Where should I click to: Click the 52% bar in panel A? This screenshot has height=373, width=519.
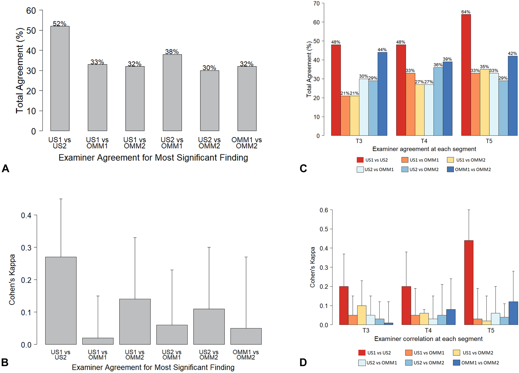(60, 78)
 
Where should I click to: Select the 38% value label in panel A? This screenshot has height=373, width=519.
(172, 52)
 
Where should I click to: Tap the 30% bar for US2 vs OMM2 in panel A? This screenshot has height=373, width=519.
(209, 100)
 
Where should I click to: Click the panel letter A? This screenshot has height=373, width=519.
(5, 169)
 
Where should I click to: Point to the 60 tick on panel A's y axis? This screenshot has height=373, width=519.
(31, 11)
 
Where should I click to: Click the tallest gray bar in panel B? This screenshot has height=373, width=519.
(61, 300)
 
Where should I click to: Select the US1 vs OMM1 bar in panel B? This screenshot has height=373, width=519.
(98, 341)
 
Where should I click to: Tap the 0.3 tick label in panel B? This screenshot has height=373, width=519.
(26, 248)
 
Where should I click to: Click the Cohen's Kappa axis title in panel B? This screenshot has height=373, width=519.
(12, 280)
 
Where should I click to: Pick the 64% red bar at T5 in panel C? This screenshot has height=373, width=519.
(466, 75)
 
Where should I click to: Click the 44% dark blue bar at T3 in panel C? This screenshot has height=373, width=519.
(382, 94)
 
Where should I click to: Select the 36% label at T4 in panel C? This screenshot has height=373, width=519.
(438, 65)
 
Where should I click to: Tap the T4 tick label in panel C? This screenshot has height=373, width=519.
(424, 141)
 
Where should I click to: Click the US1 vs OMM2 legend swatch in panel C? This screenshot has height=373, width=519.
(450, 160)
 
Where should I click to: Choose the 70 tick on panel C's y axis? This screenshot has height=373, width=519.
(316, 3)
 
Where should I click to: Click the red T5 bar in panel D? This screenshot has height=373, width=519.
(468, 282)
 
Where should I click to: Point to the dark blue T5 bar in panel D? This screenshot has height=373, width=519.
(513, 313)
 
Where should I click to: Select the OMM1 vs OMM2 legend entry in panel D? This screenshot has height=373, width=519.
(476, 363)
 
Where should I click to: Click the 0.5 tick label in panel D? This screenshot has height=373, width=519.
(324, 229)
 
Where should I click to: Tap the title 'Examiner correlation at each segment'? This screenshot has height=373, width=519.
(428, 339)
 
